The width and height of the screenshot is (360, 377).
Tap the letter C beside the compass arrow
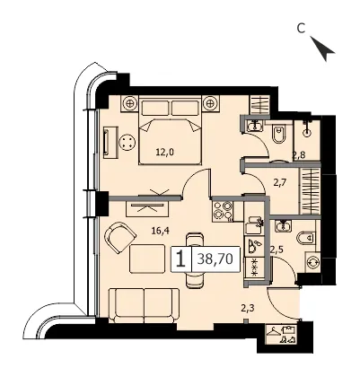point(301,29)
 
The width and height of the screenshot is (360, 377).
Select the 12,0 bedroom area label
point(165,153)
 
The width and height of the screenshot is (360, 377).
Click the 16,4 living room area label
point(161,232)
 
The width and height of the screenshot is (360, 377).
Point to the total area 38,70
point(215,259)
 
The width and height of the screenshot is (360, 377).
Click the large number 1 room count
point(180,259)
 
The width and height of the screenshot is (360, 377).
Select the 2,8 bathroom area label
point(299,155)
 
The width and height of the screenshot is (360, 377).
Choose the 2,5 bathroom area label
point(277,249)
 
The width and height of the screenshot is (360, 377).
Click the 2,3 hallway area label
point(248,307)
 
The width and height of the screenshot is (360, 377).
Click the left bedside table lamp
point(130,103)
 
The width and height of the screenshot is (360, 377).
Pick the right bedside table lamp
point(210,103)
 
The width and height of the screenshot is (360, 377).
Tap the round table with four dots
point(127,142)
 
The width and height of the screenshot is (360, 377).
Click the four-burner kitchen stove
point(223,211)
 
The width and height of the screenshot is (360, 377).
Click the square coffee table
point(147,259)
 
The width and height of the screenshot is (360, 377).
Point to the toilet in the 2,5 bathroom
point(305,238)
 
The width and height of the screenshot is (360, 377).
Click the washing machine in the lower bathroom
point(313,262)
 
